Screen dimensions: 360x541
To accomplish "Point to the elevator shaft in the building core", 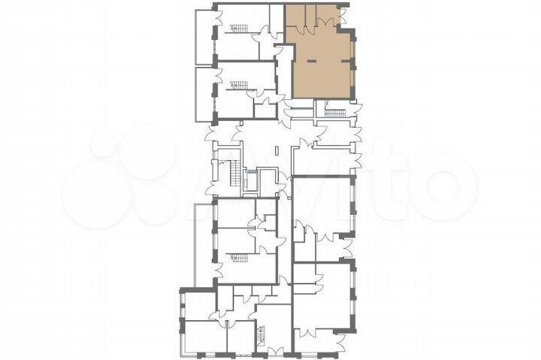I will click(x=251, y=180).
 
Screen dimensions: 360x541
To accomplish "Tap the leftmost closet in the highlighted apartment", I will click(x=293, y=19).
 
